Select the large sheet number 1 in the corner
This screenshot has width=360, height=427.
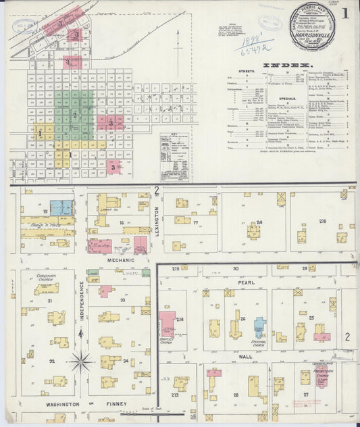click(346, 13)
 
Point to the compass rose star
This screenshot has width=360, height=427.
click(81, 362)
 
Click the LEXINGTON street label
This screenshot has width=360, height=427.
click(157, 220)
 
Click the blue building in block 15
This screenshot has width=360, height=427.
click(60, 207)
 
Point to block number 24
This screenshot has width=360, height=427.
click(259, 222)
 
